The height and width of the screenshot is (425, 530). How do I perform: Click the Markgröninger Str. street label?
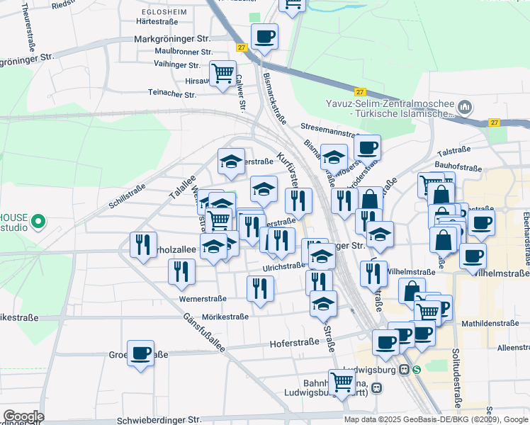click(x=172, y=38)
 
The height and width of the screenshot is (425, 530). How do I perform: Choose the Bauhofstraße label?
click(x=459, y=168)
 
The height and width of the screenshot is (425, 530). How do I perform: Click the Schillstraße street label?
click(x=128, y=196)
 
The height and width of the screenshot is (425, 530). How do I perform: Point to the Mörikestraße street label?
click(x=225, y=317)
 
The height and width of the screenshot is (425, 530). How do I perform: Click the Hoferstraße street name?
click(x=294, y=344)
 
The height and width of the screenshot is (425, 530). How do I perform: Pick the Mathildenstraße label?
click(x=490, y=322)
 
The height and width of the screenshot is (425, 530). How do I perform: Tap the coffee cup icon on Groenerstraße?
click(x=140, y=352)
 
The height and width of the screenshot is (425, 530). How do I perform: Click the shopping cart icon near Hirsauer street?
click(x=222, y=72)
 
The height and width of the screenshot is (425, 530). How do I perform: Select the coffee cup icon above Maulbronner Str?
click(x=264, y=36)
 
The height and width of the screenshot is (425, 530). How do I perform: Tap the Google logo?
click(x=23, y=416)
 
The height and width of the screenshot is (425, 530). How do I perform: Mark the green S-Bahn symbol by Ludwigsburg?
click(x=417, y=369)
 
